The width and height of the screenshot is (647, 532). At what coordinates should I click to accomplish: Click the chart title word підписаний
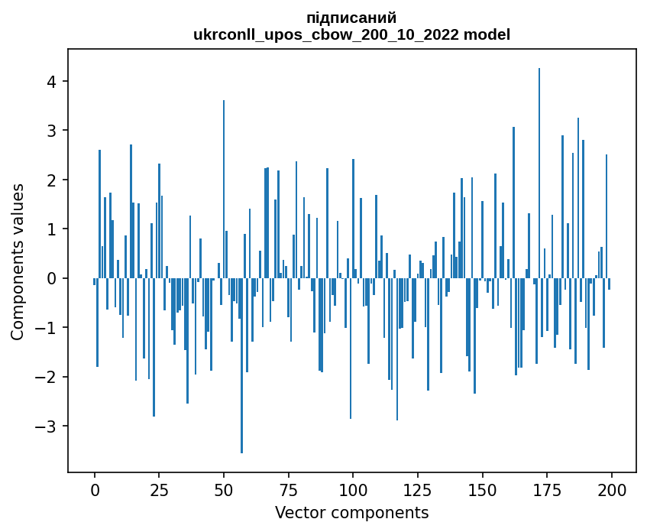tap(351, 18)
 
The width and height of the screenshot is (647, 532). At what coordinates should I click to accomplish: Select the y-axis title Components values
tap(18, 261)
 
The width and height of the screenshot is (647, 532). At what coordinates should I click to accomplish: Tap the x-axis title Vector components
tap(351, 512)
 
